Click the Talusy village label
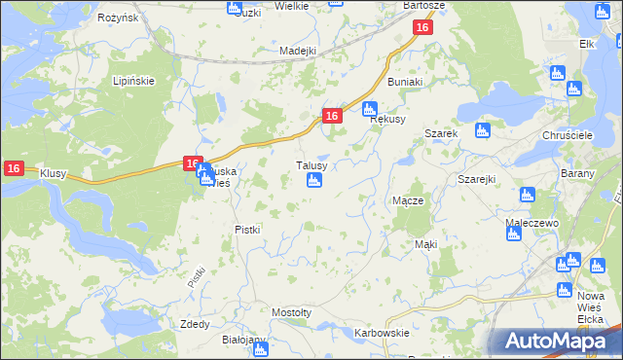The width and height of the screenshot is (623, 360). point(317,165)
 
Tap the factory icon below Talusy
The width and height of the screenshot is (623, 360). point(314,181)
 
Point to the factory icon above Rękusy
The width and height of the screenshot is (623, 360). point(369,108)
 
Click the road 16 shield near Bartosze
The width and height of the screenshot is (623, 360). point(421,29)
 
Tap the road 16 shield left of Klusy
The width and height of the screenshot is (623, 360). point(13,168)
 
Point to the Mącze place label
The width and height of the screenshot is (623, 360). point(407,199)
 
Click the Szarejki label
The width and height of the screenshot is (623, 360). point(477,180)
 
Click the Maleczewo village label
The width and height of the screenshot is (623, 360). point(530,223)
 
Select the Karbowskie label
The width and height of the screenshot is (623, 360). point(382,333)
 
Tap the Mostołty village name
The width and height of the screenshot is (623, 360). point(291,312)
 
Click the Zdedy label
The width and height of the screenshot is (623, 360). point(195,324)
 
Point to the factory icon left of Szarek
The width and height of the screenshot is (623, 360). point(480,130)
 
